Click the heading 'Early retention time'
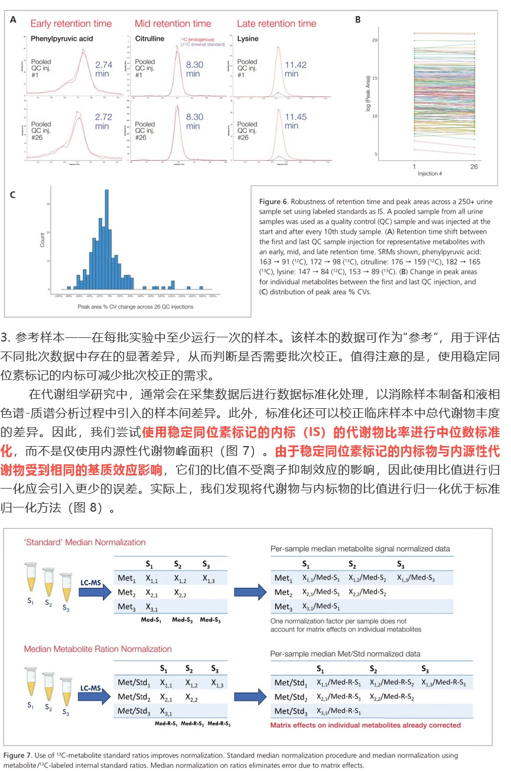(x=70, y=24)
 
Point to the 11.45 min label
(x=291, y=121)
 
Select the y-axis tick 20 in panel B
(x=374, y=40)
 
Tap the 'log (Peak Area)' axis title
(x=367, y=96)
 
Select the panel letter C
(x=12, y=194)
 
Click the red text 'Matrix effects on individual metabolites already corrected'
(x=365, y=725)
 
